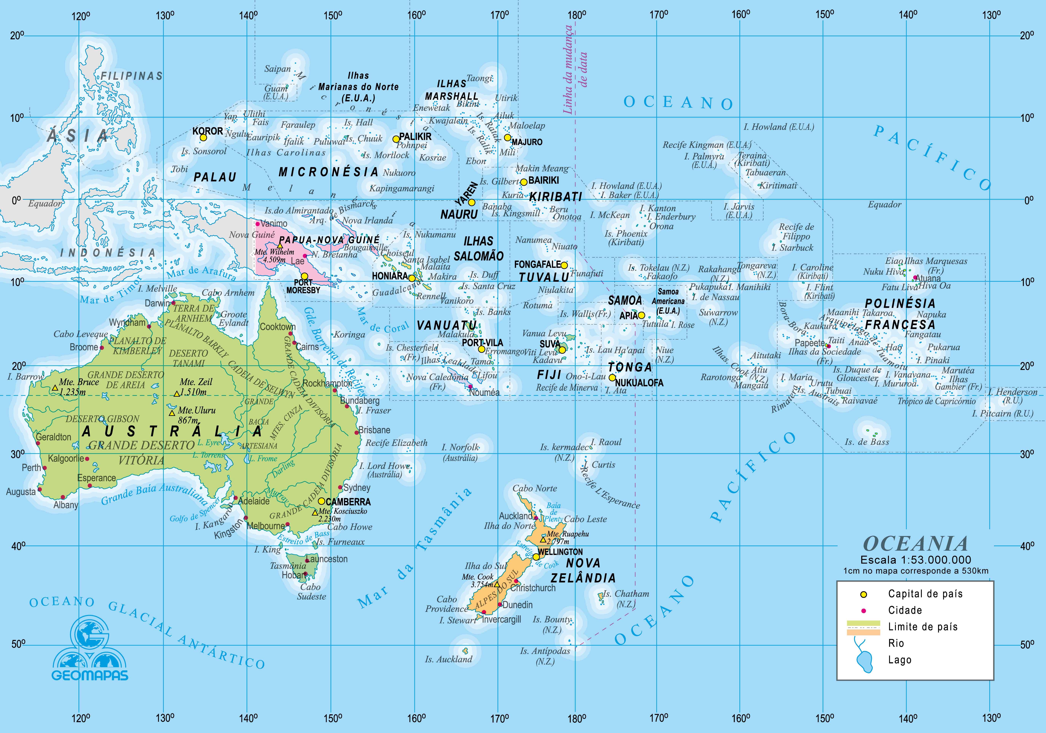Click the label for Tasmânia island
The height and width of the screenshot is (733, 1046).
288,566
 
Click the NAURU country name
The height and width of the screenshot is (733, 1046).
459,214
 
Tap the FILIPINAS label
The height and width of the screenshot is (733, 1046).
132,76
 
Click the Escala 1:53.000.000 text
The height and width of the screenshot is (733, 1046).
915,560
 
